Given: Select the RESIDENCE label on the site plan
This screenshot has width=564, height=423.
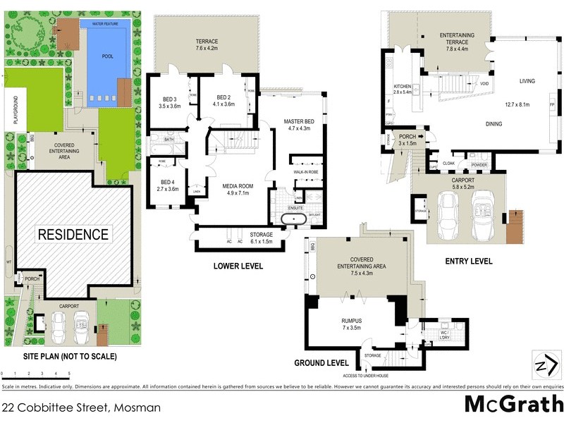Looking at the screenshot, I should pos(73,234).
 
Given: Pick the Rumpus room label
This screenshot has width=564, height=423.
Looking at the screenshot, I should pos(350,324).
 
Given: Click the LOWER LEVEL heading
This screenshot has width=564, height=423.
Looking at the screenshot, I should pos(238,266).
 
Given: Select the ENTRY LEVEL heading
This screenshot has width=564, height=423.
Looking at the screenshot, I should pos(468,262).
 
